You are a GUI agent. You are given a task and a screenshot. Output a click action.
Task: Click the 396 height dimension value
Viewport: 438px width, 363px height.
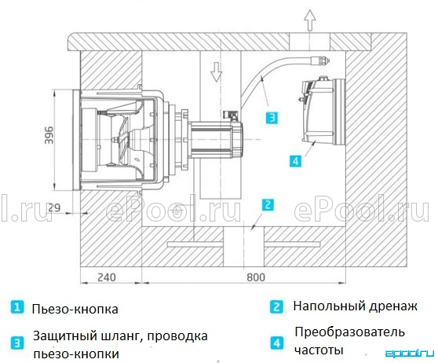49,135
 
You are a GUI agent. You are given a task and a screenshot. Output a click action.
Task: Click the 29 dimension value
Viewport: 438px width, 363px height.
54,207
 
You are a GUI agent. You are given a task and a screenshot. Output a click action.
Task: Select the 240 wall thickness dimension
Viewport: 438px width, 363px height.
107,277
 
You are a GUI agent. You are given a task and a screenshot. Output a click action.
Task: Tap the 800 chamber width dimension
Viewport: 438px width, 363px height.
256,277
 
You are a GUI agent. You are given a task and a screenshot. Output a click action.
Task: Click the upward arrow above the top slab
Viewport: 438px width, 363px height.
310,20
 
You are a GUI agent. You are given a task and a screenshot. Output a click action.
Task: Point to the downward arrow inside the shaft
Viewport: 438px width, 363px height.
216,71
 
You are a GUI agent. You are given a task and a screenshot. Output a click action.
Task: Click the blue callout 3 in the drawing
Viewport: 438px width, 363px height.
272,118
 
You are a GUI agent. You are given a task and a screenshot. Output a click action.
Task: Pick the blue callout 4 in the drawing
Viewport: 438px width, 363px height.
296,161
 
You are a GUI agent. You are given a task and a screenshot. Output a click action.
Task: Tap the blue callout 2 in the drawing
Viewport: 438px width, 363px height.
268,205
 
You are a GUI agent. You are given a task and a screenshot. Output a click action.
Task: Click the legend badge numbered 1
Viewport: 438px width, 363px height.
17,307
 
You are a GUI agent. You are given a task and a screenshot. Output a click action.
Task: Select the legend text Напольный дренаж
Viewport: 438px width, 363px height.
355,306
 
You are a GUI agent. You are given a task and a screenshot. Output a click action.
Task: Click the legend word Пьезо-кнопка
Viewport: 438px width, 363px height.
75,310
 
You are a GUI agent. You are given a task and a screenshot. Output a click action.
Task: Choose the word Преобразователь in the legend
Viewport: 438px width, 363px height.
349,332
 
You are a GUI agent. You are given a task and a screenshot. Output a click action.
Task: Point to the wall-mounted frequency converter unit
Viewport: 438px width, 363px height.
322,111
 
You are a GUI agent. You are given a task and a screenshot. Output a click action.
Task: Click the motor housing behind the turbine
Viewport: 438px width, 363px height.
216,139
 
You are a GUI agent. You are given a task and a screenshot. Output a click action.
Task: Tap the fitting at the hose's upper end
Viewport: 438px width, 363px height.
319,60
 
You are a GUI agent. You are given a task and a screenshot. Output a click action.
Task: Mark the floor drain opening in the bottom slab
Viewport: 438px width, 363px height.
243,247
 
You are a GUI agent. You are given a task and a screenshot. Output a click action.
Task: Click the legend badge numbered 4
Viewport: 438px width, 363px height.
276,343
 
